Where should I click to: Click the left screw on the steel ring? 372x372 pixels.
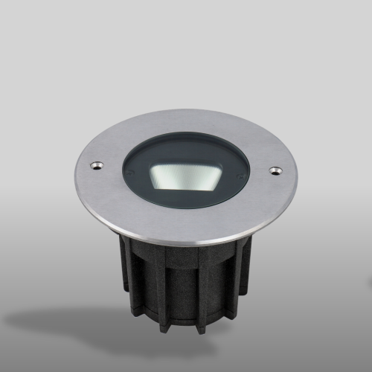94,164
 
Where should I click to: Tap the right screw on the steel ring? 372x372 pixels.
276,171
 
